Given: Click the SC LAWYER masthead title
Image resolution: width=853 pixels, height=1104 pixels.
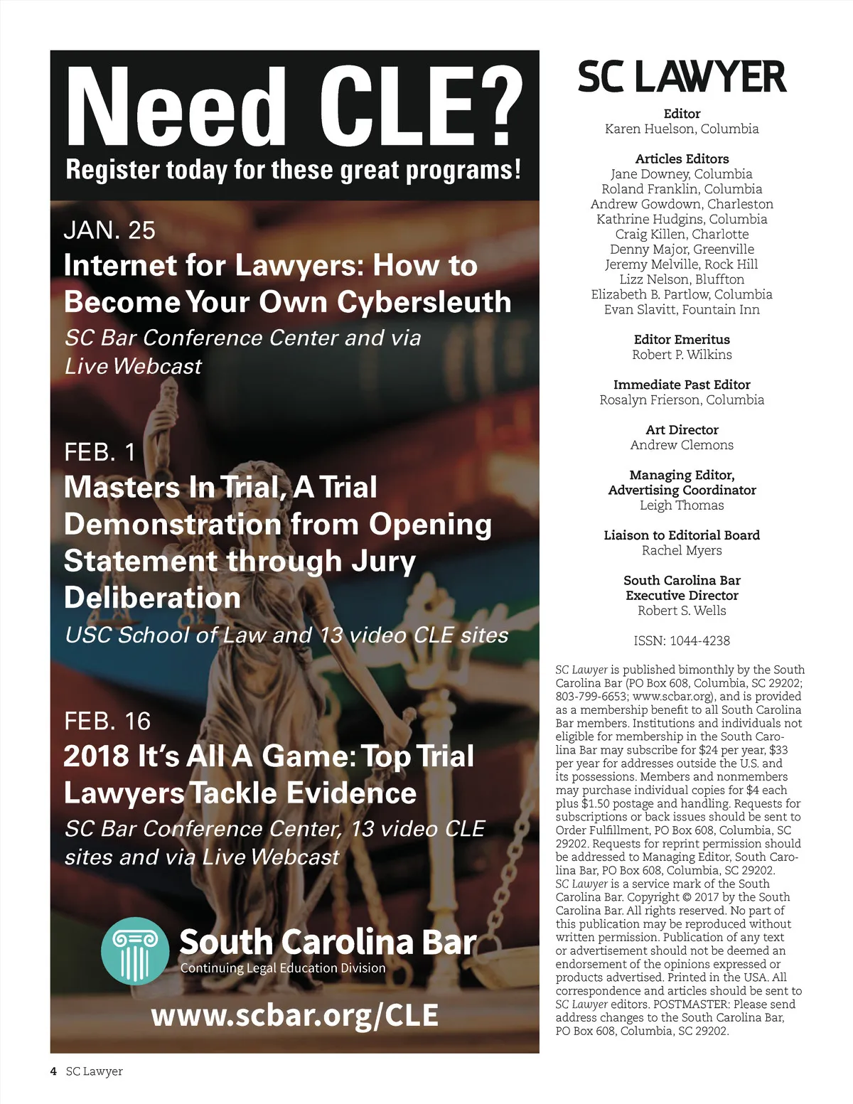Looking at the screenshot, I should pos(682,77).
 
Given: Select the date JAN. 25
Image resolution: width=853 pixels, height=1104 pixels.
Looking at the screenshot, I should pos(109,230).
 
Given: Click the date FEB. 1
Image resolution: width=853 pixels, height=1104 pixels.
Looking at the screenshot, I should pos(100,452).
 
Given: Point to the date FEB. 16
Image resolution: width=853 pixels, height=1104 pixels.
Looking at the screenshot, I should pos(107,721).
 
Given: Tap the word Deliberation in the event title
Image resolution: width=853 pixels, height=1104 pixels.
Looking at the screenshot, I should pos(152,598).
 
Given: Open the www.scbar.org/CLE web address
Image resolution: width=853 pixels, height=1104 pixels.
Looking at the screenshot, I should pos(294,1015).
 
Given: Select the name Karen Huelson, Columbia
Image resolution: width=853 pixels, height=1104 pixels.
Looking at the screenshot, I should pos(682,129).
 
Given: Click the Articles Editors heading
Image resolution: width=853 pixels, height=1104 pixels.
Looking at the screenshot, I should pos(682,159).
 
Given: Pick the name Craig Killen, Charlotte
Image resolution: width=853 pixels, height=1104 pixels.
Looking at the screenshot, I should pos(682,234).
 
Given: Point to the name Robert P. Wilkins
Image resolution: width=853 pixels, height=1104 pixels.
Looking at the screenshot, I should pos(682,354).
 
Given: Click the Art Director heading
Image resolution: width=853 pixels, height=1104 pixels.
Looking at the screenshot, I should pos(682,429).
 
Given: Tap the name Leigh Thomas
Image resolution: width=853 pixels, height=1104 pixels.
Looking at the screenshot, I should pos(682,505).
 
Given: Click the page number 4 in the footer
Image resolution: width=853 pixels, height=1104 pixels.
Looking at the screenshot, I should pos(53,1071).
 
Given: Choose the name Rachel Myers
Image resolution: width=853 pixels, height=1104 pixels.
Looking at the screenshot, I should pos(682,550).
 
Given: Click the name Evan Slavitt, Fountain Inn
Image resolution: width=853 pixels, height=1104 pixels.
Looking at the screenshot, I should pos(682,309).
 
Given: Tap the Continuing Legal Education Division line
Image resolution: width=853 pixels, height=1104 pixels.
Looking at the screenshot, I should pos(283,968).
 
